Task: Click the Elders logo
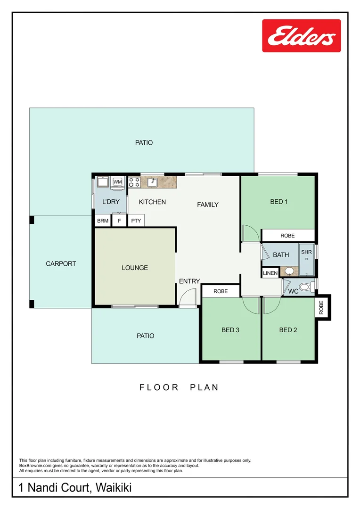(x=301, y=36)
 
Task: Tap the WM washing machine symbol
(x=117, y=182)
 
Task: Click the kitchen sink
(x=152, y=182)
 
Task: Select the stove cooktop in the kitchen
(x=134, y=182)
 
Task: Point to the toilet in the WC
(x=306, y=287)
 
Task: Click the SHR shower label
(x=306, y=252)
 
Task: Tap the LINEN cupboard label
(x=270, y=273)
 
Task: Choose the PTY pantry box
(x=136, y=221)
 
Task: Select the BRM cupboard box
(x=103, y=221)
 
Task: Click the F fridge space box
(x=119, y=221)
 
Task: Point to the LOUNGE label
(x=135, y=268)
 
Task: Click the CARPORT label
(x=61, y=263)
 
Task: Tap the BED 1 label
(x=279, y=202)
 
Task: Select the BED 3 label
(x=230, y=330)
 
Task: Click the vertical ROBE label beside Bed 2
(x=321, y=307)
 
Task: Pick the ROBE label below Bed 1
(x=287, y=235)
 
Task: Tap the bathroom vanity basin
(x=289, y=271)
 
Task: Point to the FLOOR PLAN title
(x=179, y=387)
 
